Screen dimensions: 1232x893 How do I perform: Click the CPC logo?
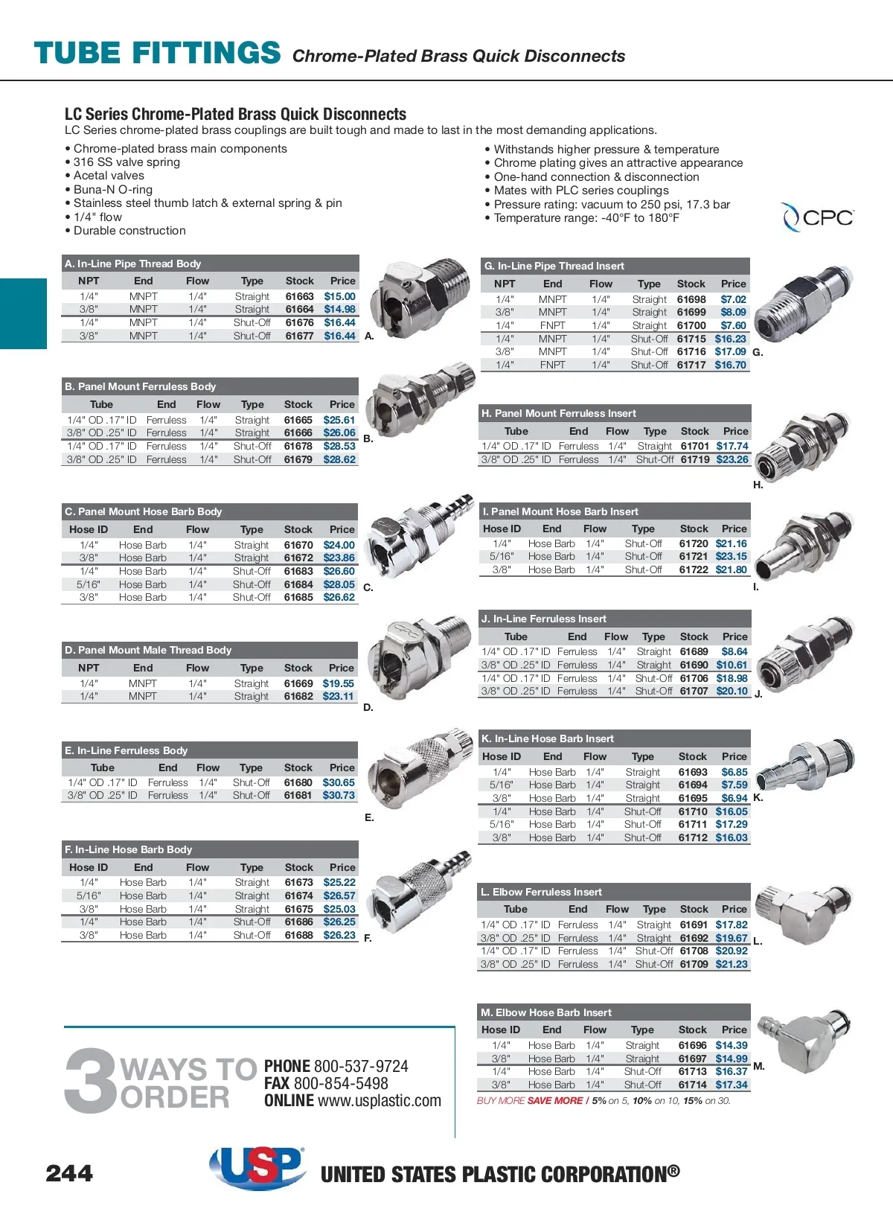point(818,217)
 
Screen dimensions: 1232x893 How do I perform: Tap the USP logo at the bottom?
point(257,1166)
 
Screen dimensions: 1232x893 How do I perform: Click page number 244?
point(69,1174)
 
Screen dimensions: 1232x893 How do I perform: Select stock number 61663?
point(299,296)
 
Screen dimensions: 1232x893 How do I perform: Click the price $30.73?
point(339,796)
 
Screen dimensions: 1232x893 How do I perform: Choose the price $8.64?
point(734,651)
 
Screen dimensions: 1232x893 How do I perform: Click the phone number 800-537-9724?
point(361,1066)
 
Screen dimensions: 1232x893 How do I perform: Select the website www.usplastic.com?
point(379,1100)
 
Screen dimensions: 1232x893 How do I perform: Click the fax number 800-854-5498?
point(341,1083)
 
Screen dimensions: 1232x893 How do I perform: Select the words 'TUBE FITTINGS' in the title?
point(158,54)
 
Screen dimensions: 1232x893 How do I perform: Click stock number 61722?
point(694,570)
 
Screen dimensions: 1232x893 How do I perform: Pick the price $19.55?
point(338,683)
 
